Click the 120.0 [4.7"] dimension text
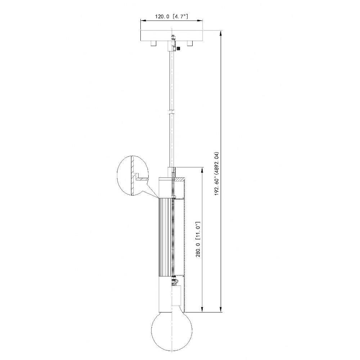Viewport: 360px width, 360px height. click(x=171, y=17)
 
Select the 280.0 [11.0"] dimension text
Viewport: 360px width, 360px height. click(x=198, y=239)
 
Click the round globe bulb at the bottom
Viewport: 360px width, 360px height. click(x=172, y=332)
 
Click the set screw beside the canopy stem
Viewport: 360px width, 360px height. click(x=178, y=49)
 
